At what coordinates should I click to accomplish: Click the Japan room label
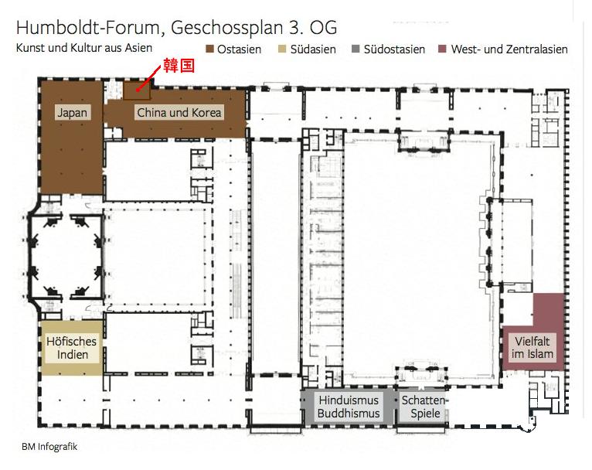tap(72, 113)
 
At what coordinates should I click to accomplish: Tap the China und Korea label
tap(179, 113)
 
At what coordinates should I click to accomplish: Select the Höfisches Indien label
tap(72, 348)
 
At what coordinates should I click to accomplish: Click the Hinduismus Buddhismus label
tap(349, 407)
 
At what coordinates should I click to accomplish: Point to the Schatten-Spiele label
tap(425, 407)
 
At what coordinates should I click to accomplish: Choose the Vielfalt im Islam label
tap(532, 348)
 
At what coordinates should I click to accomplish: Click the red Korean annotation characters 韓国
tap(179, 65)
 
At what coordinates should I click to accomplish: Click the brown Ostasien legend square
tap(209, 49)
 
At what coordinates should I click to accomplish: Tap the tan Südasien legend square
tap(282, 49)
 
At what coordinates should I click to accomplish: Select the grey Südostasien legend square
tap(356, 49)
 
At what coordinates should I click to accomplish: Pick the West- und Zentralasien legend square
tap(442, 49)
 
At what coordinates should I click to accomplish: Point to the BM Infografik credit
tap(49, 447)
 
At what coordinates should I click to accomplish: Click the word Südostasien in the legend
tap(394, 49)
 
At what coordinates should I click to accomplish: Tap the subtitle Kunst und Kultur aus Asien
tap(84, 48)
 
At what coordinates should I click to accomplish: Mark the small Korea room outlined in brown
tap(137, 90)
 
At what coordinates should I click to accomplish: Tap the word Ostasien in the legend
tap(239, 49)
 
